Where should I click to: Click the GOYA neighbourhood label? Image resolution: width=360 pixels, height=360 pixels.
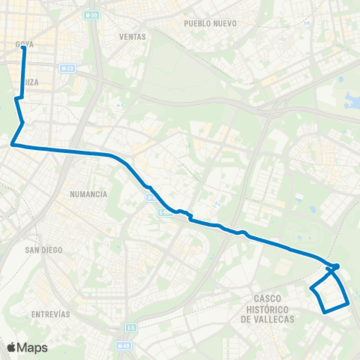(25, 43)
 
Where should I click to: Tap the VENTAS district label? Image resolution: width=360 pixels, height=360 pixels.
(132, 36)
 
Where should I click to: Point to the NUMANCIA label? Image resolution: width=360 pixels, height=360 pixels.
(88, 193)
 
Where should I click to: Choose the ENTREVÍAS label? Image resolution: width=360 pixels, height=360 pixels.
(51, 313)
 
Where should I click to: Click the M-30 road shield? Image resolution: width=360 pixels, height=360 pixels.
(91, 14)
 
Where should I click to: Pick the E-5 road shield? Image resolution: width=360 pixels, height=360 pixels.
(130, 327)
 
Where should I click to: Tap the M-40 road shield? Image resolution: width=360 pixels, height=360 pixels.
(123, 346)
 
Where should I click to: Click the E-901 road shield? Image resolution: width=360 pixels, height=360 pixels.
(166, 213)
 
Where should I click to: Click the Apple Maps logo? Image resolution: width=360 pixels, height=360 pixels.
(27, 347)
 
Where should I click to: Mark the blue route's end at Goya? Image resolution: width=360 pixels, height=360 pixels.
(24, 48)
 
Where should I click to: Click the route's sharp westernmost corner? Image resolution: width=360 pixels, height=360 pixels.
(12, 145)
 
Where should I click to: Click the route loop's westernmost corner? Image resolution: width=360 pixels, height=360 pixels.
(311, 287)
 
